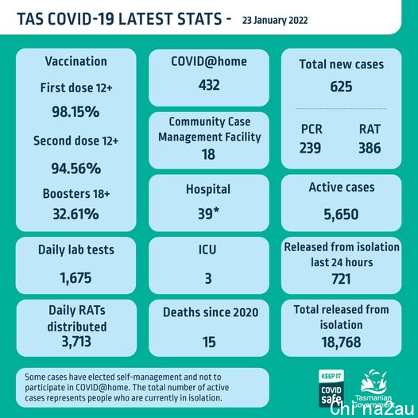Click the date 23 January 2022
275,20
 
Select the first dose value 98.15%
75,112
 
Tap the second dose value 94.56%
76,168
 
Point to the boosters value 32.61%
75,214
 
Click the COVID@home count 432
209,85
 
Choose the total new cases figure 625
341,87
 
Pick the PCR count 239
310,148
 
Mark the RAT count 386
370,148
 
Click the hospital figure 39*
208,213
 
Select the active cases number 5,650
341,215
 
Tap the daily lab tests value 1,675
75,278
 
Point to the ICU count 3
208,279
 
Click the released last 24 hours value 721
341,279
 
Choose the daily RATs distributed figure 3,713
76,342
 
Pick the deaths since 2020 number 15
209,342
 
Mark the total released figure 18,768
341,343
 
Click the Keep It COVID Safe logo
331,388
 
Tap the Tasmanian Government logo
373,389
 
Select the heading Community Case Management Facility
210,130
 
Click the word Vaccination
76,61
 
